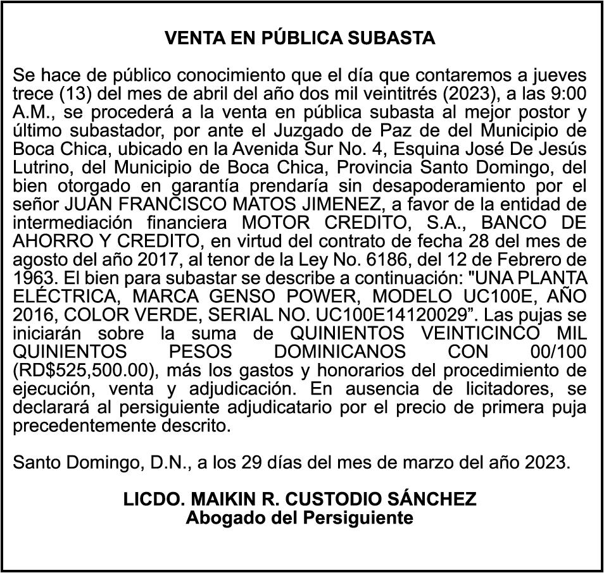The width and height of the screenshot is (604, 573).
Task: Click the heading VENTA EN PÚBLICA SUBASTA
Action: pyautogui.click(x=300, y=39)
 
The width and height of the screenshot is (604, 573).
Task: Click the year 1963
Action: pyautogui.click(x=33, y=278)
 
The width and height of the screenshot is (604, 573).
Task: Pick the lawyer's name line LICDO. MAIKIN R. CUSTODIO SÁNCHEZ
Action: pyautogui.click(x=300, y=500)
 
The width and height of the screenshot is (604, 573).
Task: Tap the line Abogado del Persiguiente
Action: pyautogui.click(x=300, y=518)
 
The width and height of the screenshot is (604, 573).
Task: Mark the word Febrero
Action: pyautogui.click(x=543, y=259)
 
